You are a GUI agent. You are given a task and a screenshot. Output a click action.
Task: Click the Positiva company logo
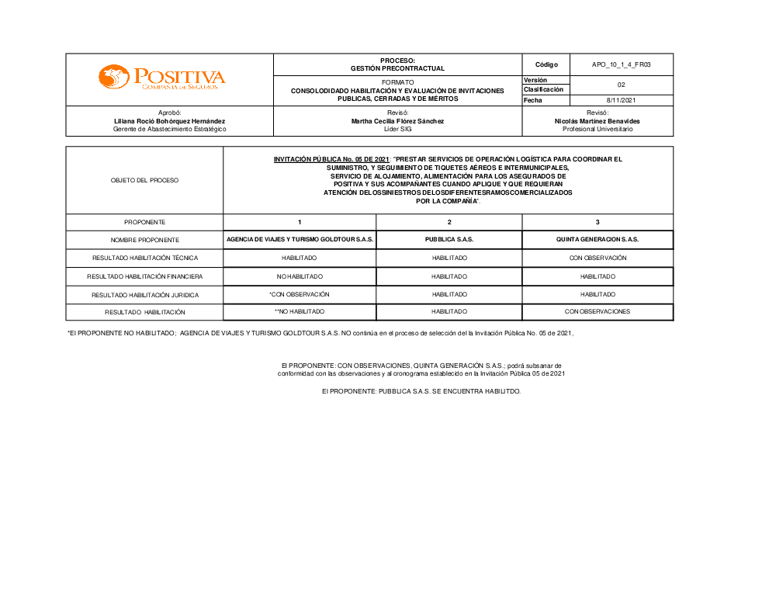(x=161, y=78)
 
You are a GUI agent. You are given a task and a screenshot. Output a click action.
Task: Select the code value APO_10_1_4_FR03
(x=621, y=64)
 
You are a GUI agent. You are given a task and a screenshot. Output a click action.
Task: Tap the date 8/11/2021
(x=621, y=100)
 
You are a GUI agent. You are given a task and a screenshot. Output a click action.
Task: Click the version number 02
(x=621, y=85)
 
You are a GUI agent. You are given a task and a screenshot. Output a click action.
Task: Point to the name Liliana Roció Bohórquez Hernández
(x=169, y=121)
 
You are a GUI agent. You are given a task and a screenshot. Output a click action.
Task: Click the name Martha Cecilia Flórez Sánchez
(x=397, y=121)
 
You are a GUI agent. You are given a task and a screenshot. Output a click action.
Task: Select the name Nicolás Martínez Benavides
(x=598, y=121)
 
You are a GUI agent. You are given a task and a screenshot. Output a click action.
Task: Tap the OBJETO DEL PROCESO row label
(x=144, y=180)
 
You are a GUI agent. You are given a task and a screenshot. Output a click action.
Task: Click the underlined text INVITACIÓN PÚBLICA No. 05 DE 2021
(x=331, y=159)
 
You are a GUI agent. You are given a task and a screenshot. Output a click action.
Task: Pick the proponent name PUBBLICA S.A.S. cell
(x=449, y=240)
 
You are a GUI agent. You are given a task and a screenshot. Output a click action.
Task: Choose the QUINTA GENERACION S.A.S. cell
(x=598, y=240)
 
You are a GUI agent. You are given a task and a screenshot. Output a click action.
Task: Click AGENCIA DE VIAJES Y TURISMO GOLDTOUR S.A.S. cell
(x=300, y=240)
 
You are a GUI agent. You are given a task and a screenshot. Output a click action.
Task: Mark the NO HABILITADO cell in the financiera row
(x=300, y=276)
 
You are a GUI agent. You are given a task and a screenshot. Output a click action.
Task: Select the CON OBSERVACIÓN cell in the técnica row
(x=598, y=258)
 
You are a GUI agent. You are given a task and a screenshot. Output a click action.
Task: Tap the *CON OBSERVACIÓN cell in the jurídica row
(x=300, y=295)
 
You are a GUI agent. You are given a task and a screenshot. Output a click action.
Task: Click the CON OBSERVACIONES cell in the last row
(x=598, y=312)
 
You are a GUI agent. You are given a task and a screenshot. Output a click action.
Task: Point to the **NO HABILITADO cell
(x=300, y=312)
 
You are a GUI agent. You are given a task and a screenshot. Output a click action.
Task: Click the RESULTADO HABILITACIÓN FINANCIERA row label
(x=144, y=276)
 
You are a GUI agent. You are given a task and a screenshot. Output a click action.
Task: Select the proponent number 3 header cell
(x=598, y=222)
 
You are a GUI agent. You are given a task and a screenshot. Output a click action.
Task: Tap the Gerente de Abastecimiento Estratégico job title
(x=169, y=129)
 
